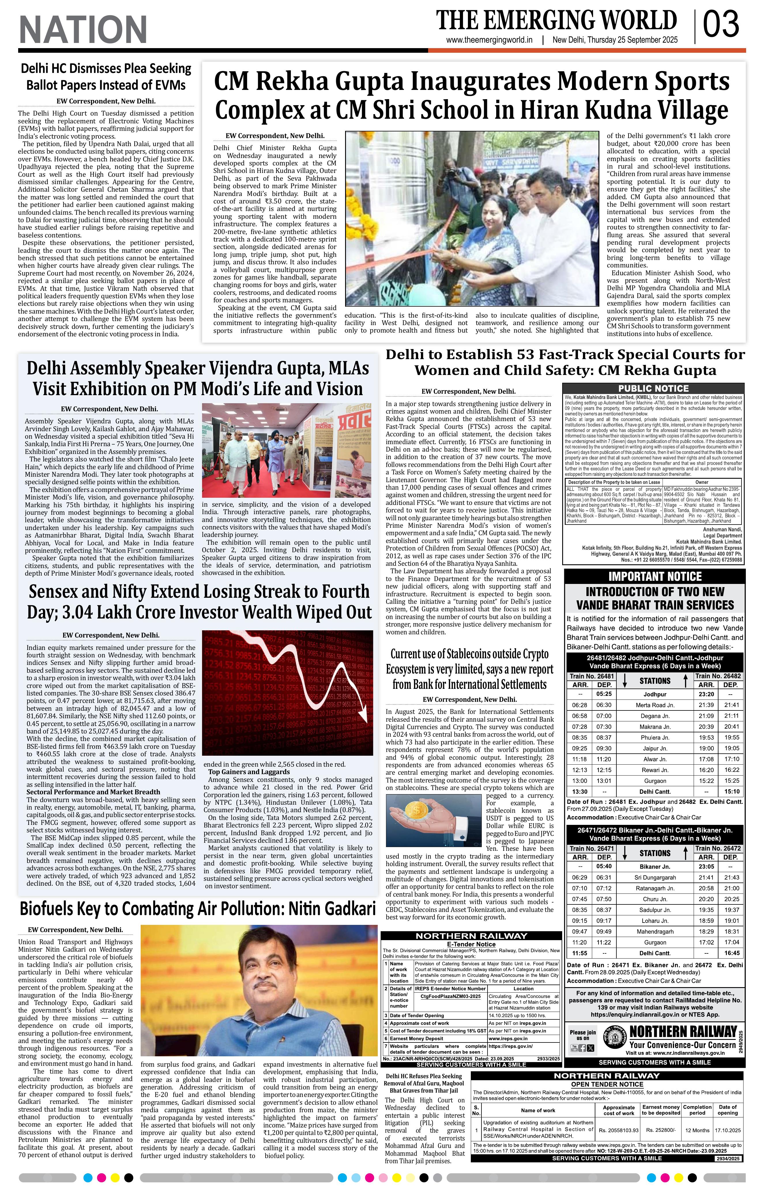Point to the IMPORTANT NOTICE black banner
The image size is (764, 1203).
click(x=654, y=576)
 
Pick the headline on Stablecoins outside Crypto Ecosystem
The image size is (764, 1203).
click(x=470, y=670)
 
